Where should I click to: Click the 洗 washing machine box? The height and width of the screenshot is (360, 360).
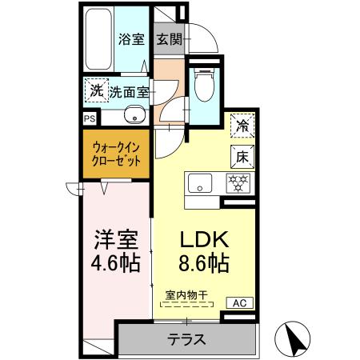pos(96,90)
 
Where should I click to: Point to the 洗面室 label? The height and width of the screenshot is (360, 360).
pos(130,91)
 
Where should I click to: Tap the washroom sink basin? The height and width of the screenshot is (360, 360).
pos(133,117)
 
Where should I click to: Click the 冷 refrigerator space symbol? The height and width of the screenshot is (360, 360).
pos(242,124)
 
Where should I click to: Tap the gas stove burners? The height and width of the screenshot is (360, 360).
pos(239,183)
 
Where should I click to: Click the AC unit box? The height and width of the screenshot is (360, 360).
pos(241,302)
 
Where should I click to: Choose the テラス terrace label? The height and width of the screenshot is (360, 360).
pos(186,338)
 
